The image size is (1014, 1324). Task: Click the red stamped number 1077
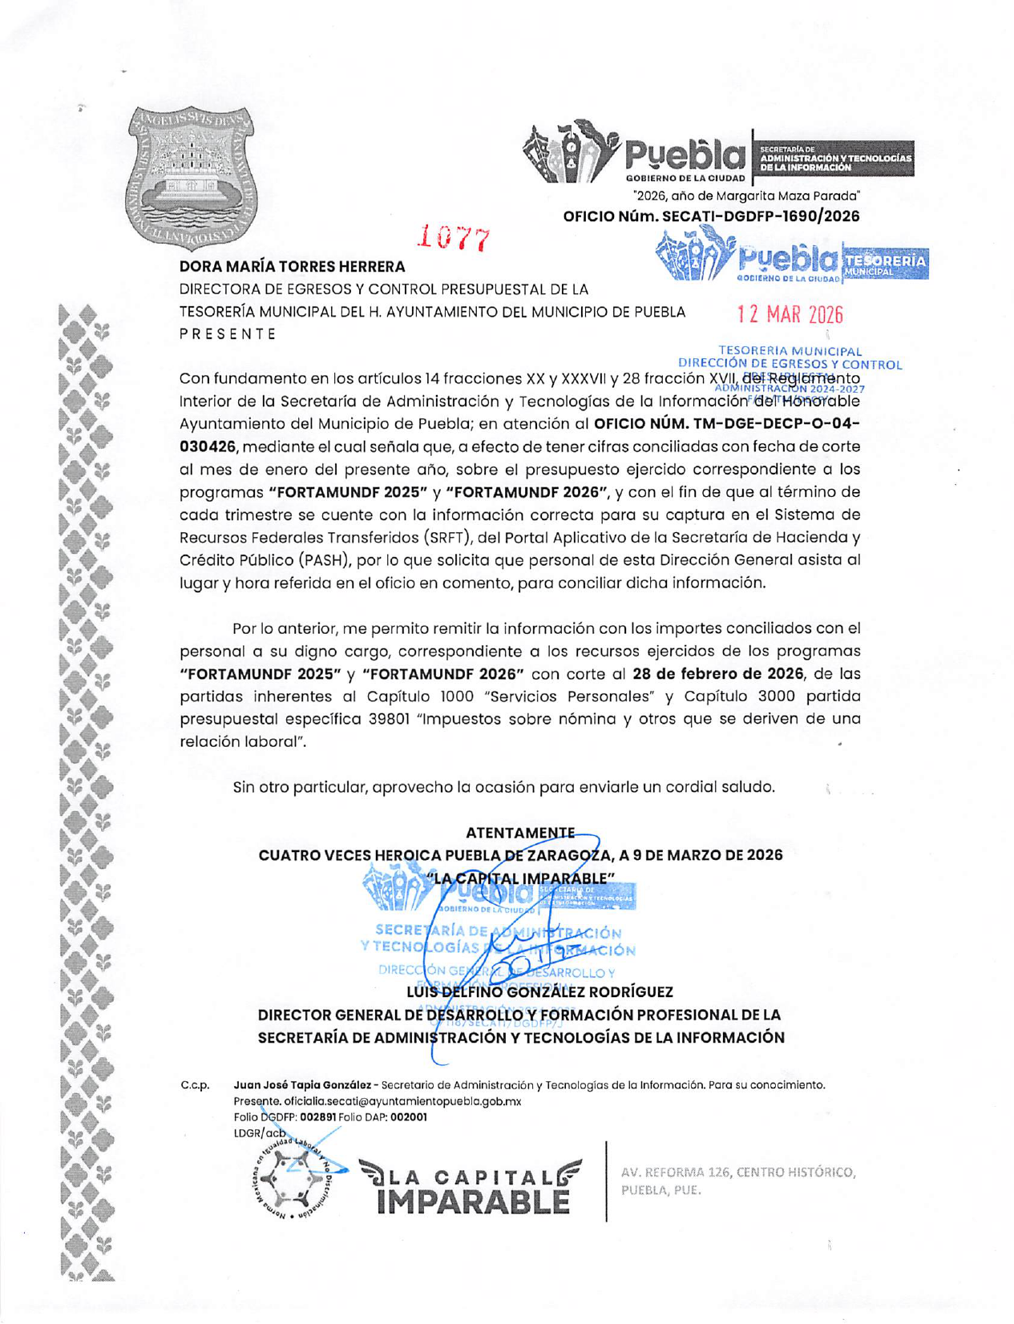coord(454,237)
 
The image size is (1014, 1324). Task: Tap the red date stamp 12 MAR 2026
coord(790,314)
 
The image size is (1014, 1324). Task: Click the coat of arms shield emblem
coord(192,178)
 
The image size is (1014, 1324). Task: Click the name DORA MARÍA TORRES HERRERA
coord(292,266)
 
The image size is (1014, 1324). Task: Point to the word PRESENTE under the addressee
coord(228,334)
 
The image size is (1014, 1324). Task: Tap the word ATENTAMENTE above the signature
coord(519,833)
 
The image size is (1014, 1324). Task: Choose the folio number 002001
coord(409,1116)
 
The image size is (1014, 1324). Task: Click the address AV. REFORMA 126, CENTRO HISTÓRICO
coord(737,1173)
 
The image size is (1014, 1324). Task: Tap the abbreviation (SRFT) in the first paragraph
coord(451,537)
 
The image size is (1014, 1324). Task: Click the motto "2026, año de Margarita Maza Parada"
coord(745,196)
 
